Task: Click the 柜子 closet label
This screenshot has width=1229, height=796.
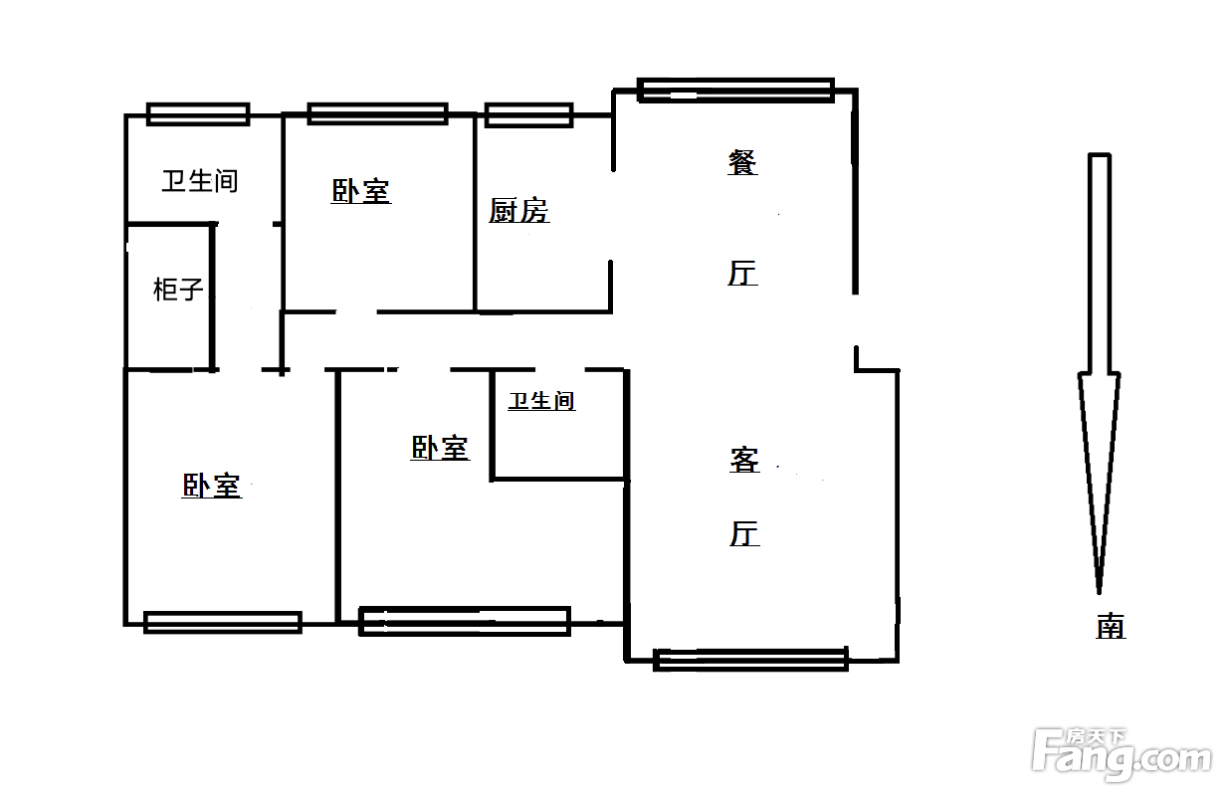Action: pos(179,290)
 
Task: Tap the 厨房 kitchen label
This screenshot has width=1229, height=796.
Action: pos(518,211)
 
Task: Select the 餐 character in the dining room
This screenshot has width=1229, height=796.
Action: pos(742,162)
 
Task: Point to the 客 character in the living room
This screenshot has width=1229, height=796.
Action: pos(744,460)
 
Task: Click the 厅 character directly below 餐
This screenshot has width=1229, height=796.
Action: pos(742,273)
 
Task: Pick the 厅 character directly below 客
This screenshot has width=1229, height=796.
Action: pos(744,533)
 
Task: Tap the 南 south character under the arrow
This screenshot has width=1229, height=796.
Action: pos(1111,626)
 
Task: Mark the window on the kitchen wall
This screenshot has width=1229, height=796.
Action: pos(528,114)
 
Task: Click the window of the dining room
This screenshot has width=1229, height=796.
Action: pos(735,91)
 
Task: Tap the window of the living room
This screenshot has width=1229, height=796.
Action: pos(750,658)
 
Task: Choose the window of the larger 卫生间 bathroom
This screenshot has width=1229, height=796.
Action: pos(197,113)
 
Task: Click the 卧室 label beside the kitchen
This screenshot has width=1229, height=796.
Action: pos(360,191)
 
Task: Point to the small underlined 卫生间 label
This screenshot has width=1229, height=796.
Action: pos(541,401)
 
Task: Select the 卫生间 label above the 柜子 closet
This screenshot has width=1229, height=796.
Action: pos(200,181)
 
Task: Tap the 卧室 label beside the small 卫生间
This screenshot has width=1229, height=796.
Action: pos(440,448)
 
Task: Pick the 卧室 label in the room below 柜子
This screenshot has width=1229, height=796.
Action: pos(211,486)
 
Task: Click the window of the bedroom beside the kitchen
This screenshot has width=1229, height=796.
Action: pos(377,113)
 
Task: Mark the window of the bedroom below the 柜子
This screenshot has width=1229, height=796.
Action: pos(222,622)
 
